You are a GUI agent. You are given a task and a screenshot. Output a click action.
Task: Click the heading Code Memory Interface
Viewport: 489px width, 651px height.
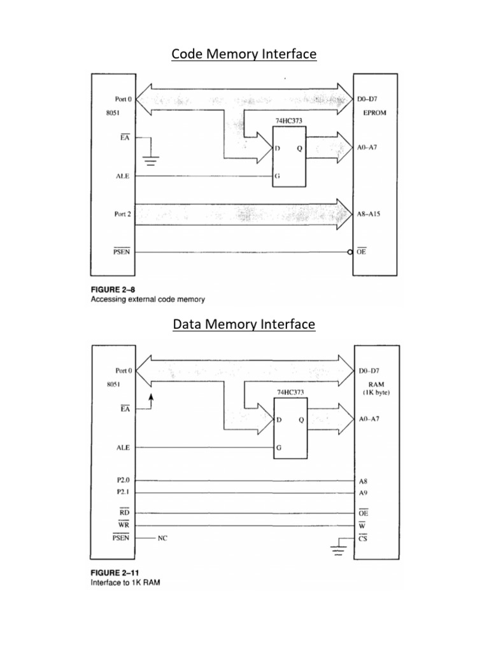(244, 55)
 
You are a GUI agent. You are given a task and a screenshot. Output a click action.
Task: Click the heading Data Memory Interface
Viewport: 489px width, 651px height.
(244, 325)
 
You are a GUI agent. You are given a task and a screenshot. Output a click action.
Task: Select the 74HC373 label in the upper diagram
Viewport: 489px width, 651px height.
(288, 119)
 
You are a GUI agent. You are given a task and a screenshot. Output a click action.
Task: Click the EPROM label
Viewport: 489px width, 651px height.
(374, 113)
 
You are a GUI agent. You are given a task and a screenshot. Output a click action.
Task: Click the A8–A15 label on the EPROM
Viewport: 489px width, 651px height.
(373, 215)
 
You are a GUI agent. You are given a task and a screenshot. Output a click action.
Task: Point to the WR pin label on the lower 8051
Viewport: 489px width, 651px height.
(124, 525)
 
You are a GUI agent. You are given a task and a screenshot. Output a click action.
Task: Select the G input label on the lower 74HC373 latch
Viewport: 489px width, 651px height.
(278, 448)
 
